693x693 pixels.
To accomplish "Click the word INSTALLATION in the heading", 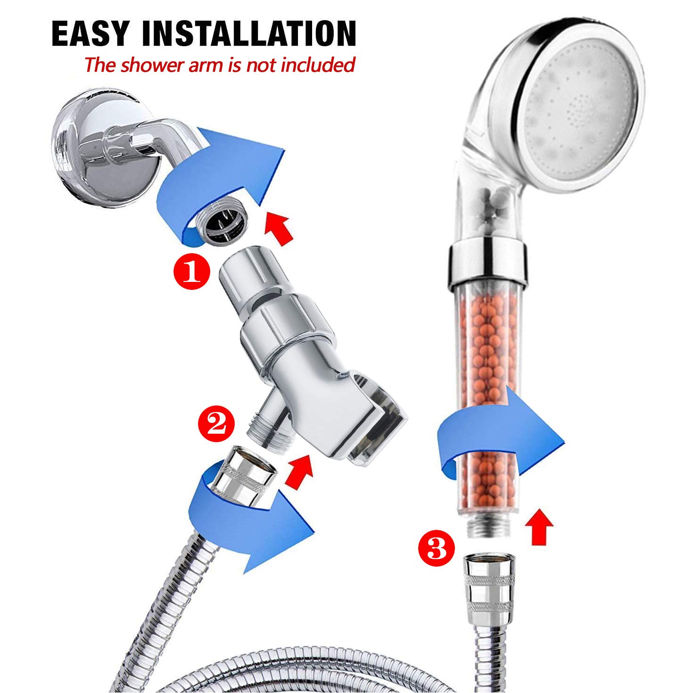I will tap(248, 33).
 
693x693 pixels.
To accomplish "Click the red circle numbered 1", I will tap(191, 271).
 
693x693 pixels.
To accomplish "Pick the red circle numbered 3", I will tap(437, 548).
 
